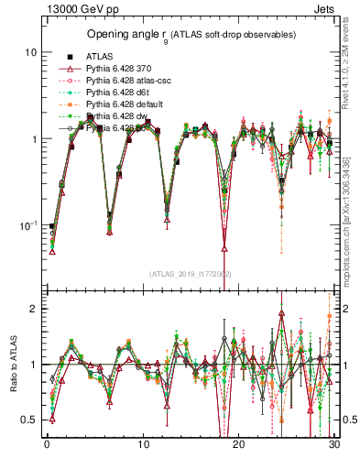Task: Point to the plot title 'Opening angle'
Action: point(121,34)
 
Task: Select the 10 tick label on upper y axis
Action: point(30,52)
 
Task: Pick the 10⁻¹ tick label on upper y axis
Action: point(27,225)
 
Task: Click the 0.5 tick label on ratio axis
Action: point(28,420)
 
